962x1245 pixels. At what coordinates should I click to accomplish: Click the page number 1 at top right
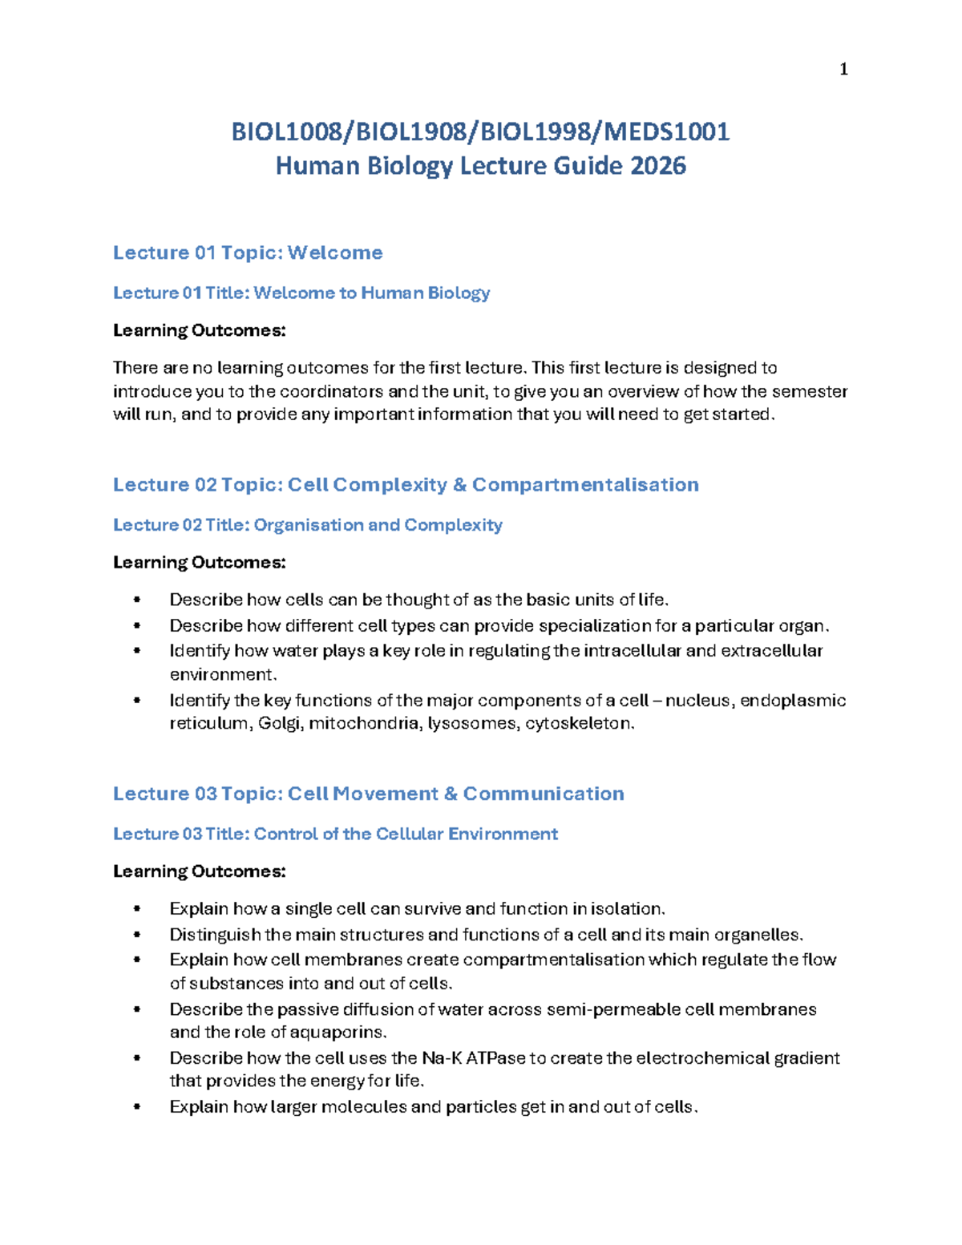tap(843, 70)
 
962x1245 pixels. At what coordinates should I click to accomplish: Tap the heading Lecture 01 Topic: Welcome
tap(248, 253)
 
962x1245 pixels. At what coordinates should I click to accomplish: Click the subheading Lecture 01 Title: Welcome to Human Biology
tap(301, 293)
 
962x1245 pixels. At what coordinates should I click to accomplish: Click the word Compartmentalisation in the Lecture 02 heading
tap(585, 484)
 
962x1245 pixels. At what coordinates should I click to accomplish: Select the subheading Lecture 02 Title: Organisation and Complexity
tap(308, 524)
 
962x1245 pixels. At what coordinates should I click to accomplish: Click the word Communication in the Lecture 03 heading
tap(544, 793)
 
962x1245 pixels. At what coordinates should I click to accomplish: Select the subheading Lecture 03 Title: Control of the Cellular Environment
tap(335, 834)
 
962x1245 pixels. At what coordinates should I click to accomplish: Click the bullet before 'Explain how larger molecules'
tap(137, 1107)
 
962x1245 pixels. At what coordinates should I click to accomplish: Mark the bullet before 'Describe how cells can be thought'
tap(137, 600)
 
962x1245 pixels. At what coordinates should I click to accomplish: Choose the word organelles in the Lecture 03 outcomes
tap(758, 934)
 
